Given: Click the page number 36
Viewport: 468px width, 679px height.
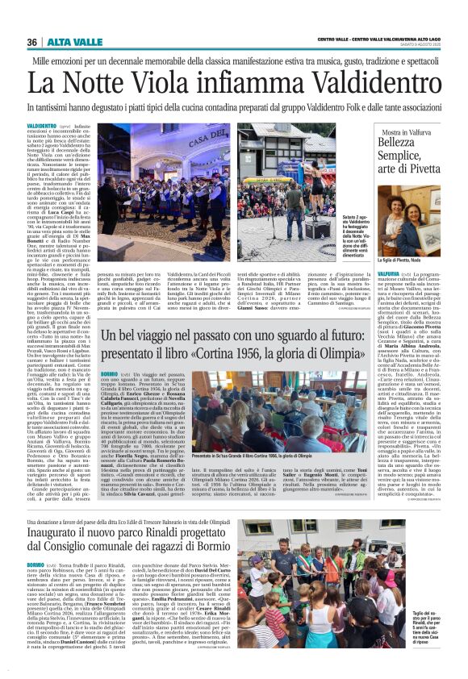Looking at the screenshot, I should click(x=32, y=41).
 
